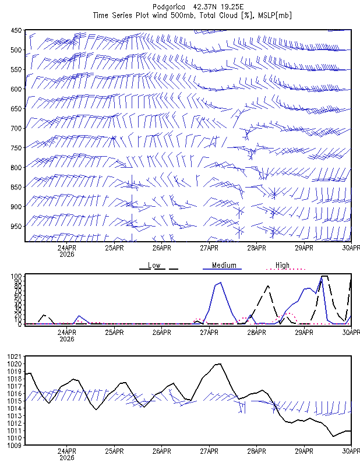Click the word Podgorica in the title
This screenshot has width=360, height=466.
point(168,7)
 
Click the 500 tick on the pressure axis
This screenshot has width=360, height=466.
point(16,50)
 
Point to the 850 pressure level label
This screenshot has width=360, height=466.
point(16,187)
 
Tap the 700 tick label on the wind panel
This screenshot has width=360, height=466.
point(16,128)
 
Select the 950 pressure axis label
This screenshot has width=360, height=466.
point(16,227)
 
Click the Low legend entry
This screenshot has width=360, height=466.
point(154,265)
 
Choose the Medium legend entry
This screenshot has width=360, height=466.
point(224,265)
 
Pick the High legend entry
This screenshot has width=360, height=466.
point(282,265)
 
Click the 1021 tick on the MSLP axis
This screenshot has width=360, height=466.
point(14,356)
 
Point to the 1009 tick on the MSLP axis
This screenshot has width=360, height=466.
point(14,445)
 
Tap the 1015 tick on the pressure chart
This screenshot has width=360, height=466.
point(14,401)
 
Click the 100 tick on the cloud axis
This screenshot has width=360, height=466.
point(16,276)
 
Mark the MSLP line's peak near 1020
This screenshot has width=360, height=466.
point(219,363)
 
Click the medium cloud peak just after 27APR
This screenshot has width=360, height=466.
point(220,283)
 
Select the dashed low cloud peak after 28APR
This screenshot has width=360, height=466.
point(268,285)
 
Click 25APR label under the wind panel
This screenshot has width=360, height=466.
point(114,248)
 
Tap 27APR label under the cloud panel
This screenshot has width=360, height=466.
point(209,333)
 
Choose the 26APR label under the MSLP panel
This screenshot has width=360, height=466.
point(162,451)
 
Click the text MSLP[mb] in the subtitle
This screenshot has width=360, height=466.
point(275,16)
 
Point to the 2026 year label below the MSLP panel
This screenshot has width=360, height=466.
point(67,458)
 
